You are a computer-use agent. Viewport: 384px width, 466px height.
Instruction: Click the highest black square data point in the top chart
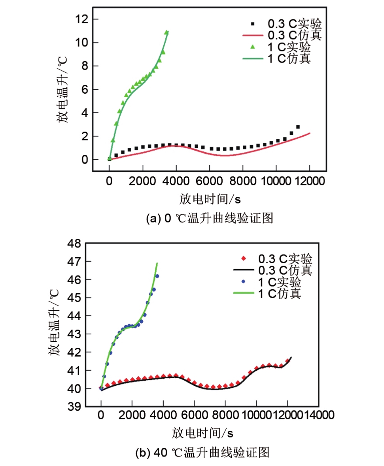pyautogui.click(x=298, y=127)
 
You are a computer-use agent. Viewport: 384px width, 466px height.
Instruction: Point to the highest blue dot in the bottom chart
pyautogui.click(x=157, y=276)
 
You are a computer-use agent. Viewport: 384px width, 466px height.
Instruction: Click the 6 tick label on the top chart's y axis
pyautogui.click(x=84, y=90)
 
